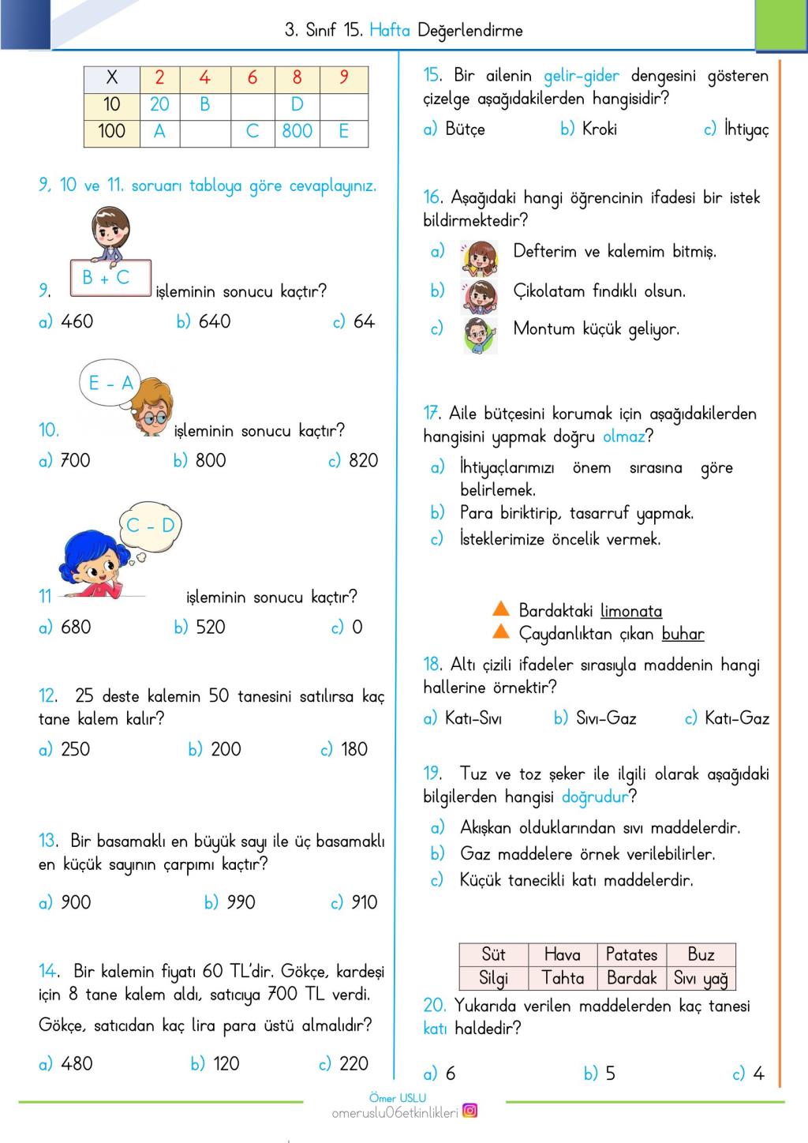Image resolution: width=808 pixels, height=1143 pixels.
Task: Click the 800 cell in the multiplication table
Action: tap(297, 131)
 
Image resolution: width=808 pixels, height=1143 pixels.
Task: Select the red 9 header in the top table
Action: tap(344, 77)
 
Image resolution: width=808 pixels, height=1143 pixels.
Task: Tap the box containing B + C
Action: tap(110, 278)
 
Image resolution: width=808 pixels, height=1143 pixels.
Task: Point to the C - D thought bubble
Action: tap(150, 526)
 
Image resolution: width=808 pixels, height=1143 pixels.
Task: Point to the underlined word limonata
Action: tap(631, 611)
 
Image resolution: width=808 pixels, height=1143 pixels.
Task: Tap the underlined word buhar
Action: tap(683, 635)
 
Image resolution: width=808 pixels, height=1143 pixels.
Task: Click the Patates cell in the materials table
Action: tap(631, 955)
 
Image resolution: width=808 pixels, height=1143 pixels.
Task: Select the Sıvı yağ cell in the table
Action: tap(701, 979)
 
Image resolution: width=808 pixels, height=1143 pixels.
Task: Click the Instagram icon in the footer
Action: tap(469, 1111)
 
